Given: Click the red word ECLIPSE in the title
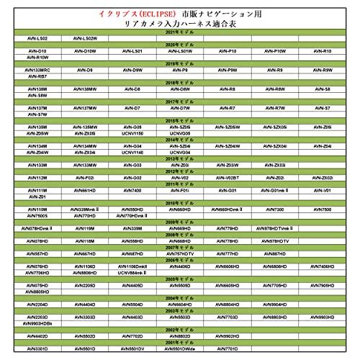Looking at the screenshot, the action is click(x=152, y=14).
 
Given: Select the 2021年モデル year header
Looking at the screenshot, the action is click(x=179, y=34).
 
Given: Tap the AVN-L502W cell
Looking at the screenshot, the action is click(x=86, y=40).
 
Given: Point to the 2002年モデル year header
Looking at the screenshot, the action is click(x=179, y=330).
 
